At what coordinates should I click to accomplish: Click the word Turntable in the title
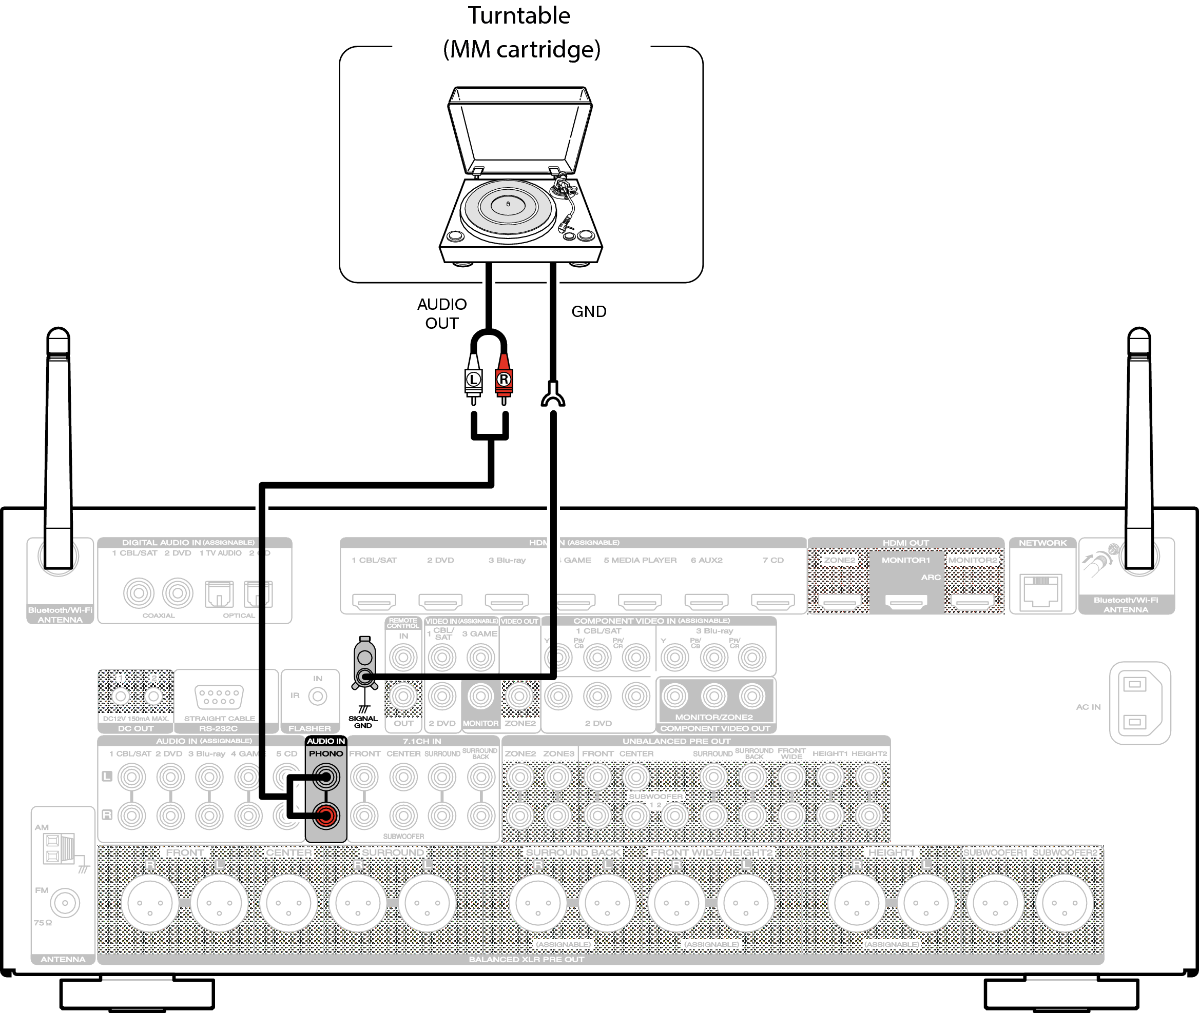pos(519,15)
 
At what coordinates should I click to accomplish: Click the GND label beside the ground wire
pos(588,311)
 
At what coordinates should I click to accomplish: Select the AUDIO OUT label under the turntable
pos(442,313)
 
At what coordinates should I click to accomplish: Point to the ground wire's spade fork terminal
pos(553,396)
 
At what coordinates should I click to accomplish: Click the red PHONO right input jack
pos(326,816)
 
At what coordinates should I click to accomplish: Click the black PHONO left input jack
pos(326,778)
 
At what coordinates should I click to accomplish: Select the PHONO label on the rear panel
pos(326,753)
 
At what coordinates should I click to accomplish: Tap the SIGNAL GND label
pos(362,722)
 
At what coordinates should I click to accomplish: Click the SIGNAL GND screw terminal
pos(365,677)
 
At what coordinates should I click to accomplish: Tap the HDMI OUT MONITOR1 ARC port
pos(905,601)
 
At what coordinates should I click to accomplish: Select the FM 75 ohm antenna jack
pos(65,903)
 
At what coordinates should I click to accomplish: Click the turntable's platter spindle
pos(508,204)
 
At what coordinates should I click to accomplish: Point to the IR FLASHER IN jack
pos(318,696)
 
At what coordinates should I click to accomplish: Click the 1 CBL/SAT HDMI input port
pos(374,601)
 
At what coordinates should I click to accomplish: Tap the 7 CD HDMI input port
pos(772,601)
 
